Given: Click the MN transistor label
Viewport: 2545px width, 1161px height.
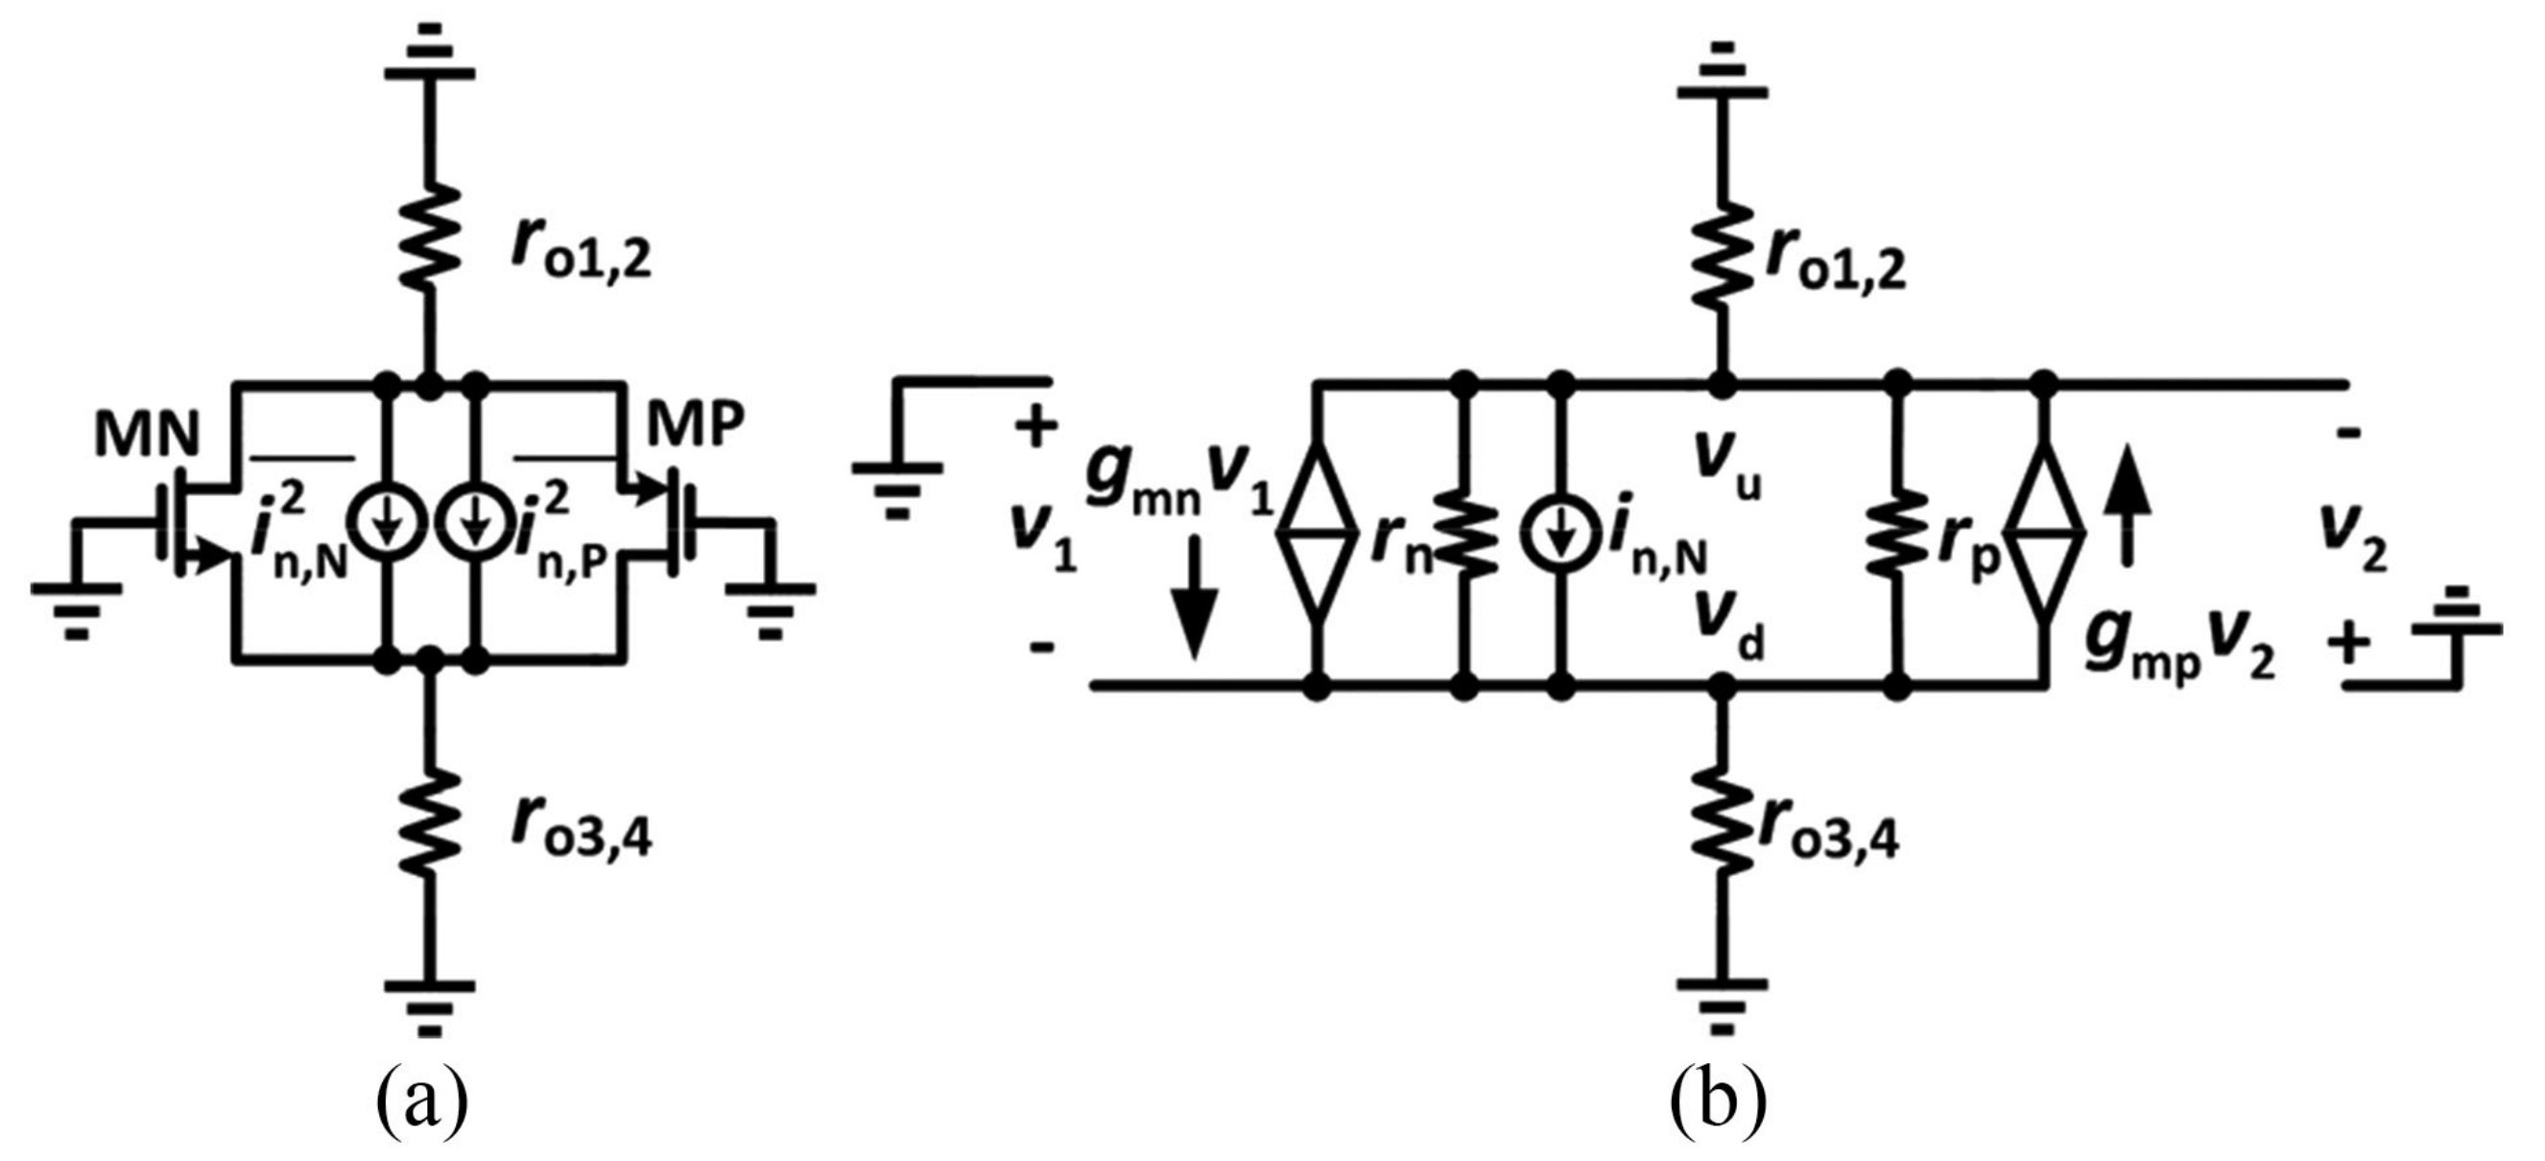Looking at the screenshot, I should click(x=146, y=436).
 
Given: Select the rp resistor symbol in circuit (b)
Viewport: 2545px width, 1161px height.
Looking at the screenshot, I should click(x=1896, y=534).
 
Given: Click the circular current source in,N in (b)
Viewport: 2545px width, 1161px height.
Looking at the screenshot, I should click(x=1560, y=534).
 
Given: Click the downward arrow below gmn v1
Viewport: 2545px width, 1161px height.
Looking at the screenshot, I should click(x=1195, y=597).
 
